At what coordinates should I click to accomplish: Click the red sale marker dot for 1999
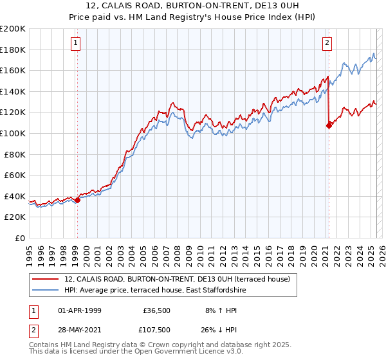77,200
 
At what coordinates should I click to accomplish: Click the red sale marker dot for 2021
329,125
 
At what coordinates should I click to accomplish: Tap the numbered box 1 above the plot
76,43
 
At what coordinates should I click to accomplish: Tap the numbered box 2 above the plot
327,43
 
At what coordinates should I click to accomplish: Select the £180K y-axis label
13,50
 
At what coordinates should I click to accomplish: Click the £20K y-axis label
15,217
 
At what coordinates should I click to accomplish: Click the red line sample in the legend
45,279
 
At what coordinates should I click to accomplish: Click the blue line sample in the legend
45,291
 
